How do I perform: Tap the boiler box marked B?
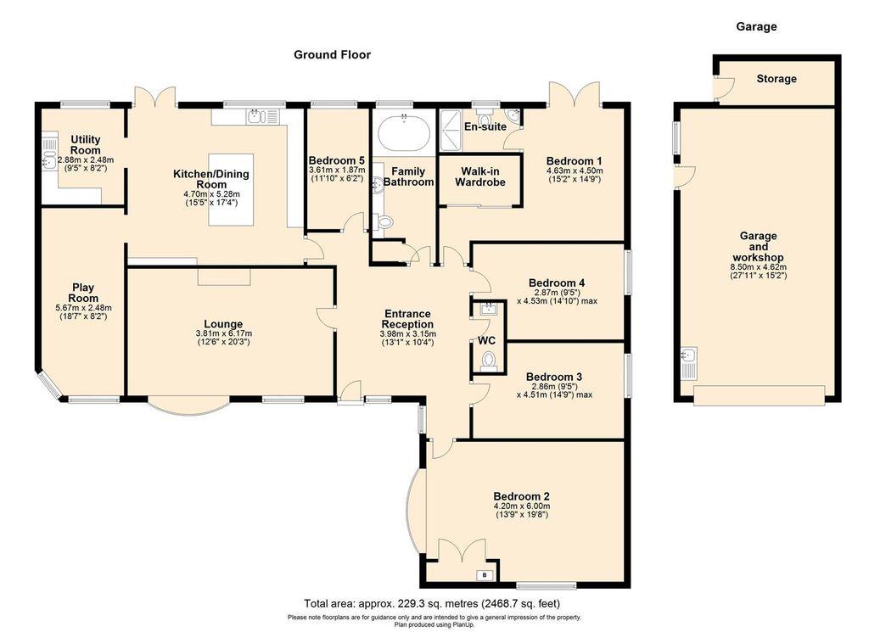coord(485,576)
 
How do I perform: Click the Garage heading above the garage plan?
coord(756,26)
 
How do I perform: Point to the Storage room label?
coord(776,79)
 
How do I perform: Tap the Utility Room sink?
coord(49,155)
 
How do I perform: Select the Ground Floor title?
coord(332,54)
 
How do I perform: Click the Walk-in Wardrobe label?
coord(480,176)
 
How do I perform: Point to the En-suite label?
coord(485,126)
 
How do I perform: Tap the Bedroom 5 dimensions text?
coord(336,174)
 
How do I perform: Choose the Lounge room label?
coord(223,323)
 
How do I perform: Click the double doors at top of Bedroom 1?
coord(575,94)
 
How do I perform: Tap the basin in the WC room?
coord(487,309)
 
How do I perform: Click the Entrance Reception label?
coord(407,319)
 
